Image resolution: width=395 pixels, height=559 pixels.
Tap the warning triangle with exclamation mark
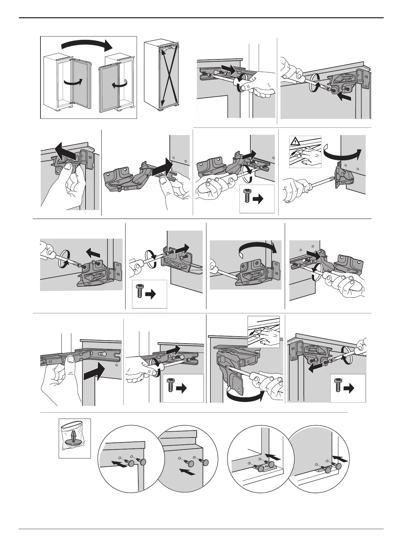tap(294, 142)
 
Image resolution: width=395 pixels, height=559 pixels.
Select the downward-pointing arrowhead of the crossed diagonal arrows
tap(162, 104)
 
